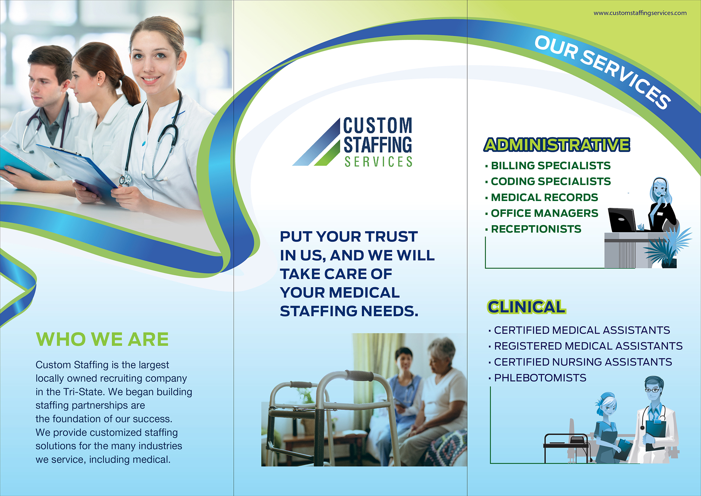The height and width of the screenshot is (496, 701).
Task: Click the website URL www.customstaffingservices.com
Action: pos(640,13)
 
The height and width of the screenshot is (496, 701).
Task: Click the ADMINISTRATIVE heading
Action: pos(557,145)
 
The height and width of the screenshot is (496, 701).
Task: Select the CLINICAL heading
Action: pos(526,307)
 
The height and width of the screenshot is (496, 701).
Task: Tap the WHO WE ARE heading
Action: pos(102,339)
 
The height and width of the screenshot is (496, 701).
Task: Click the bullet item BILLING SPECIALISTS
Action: pos(551,166)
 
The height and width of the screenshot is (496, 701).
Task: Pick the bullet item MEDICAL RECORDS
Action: pos(544,197)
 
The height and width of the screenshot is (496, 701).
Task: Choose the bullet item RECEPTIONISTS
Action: pos(536,229)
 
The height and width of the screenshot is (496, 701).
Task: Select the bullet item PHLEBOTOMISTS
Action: pos(540,378)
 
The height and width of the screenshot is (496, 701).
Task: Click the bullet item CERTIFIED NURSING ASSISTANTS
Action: pos(583,362)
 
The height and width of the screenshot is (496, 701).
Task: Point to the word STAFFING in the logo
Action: pos(378,145)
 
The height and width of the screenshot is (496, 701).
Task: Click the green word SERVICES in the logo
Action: pos(379,162)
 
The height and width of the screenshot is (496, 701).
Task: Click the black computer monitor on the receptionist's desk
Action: pos(622,220)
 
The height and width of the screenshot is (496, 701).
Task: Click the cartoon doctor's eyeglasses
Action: pos(652,390)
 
